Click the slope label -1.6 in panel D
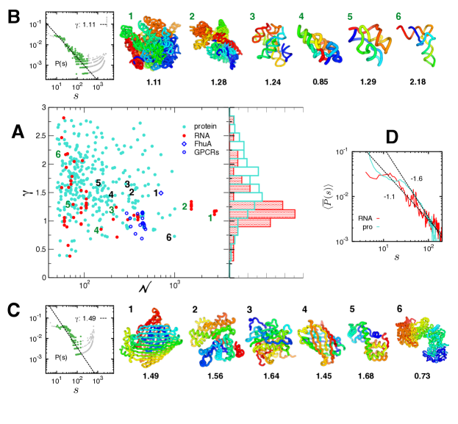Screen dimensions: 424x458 [417, 179]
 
